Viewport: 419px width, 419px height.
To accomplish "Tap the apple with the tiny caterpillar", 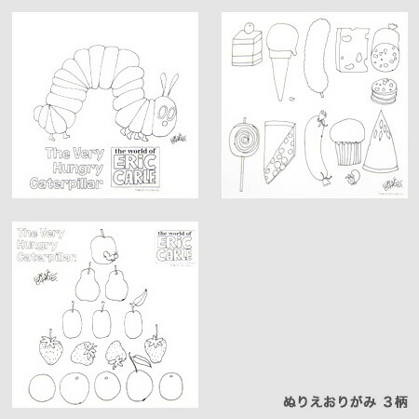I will click(105, 247).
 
